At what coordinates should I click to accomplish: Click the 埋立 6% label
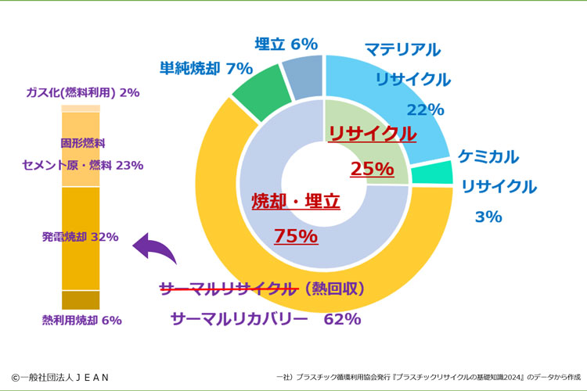286,45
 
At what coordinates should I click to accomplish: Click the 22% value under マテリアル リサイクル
425,109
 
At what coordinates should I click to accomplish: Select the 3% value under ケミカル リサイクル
488,217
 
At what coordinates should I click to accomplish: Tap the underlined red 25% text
372,168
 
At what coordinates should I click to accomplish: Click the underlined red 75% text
295,235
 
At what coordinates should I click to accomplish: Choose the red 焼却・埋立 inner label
296,202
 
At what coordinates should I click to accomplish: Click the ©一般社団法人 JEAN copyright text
60,377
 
